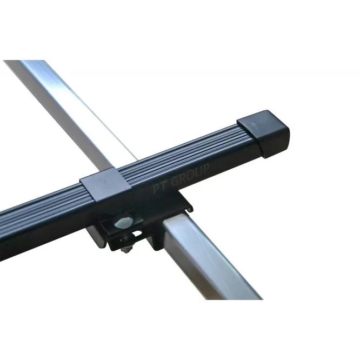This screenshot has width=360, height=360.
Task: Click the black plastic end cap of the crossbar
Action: (x=264, y=134)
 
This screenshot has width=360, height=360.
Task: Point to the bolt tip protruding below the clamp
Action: (x=126, y=250)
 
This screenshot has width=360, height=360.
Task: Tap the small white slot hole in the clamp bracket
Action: (x=138, y=234)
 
